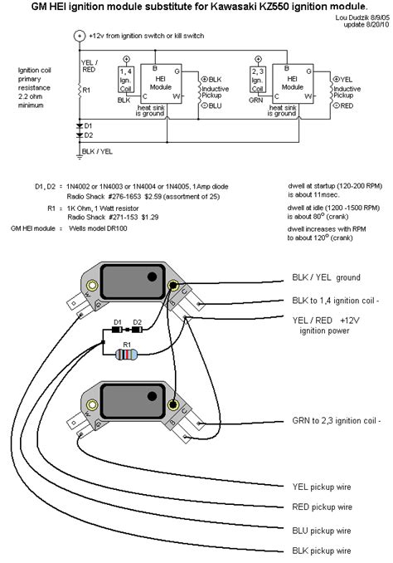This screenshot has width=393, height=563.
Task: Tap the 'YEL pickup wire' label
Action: (323, 488)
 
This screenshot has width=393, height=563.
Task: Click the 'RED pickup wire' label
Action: (323, 507)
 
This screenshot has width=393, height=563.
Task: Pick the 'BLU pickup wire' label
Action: (323, 529)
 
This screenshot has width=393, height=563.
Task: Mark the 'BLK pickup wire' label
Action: (323, 550)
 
